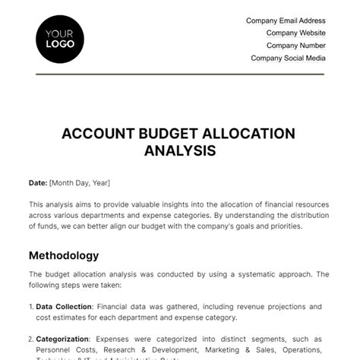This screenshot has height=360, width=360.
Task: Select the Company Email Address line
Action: click(286, 21)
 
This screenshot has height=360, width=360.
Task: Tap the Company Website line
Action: click(295, 33)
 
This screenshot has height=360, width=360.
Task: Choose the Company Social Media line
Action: click(289, 57)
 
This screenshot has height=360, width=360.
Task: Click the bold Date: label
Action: click(37, 183)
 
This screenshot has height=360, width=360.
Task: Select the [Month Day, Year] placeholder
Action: click(80, 183)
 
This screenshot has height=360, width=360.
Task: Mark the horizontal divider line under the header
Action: click(180, 74)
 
